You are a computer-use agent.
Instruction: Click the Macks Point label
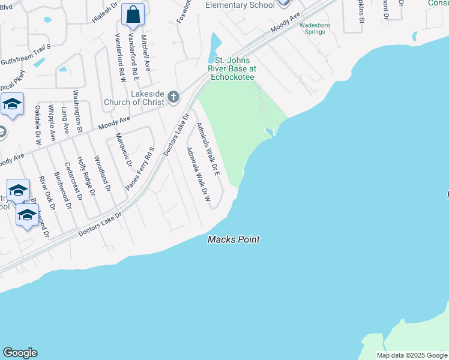pyautogui.click(x=234, y=239)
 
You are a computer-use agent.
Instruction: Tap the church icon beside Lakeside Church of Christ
pyautogui.click(x=173, y=97)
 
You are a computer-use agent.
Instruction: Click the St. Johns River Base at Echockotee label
pyautogui.click(x=232, y=68)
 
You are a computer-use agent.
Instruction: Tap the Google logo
pyautogui.click(x=20, y=353)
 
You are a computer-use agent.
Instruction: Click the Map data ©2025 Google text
pyautogui.click(x=411, y=355)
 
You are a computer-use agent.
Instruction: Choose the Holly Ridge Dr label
pyautogui.click(x=87, y=179)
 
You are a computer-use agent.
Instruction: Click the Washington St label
pyautogui.click(x=77, y=110)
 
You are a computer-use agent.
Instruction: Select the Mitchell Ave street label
pyautogui.click(x=145, y=52)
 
